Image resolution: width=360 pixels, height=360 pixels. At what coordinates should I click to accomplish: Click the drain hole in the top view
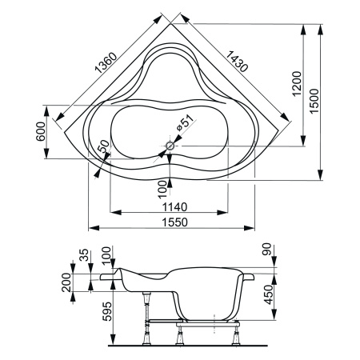[x=169, y=147]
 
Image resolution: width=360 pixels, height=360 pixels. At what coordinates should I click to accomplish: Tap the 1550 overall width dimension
[x=164, y=222]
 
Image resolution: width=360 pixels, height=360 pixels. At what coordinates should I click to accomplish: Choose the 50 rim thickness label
[x=102, y=150]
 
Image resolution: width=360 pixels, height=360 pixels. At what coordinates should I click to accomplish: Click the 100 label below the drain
[x=163, y=186]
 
